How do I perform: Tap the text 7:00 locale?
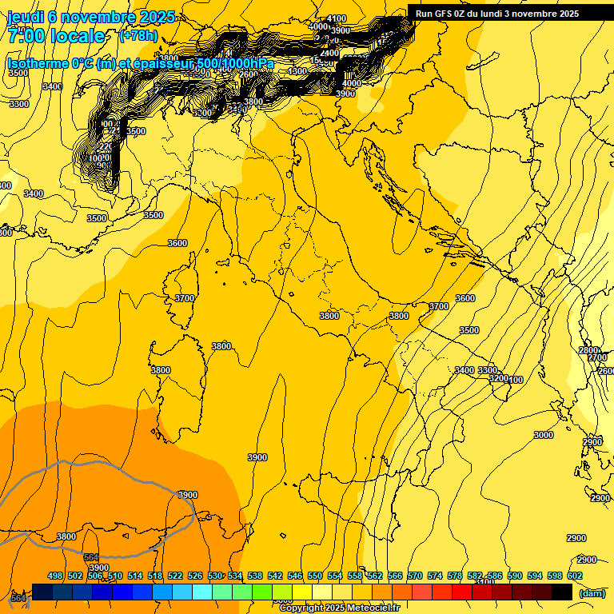click(56, 36)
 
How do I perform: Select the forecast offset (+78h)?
click(138, 36)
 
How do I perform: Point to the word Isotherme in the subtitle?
click(40, 63)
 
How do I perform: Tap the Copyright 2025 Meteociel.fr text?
click(340, 608)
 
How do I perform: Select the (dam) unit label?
click(592, 593)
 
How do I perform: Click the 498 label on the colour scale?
click(55, 576)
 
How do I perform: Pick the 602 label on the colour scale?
click(575, 576)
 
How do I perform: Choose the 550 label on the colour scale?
click(315, 576)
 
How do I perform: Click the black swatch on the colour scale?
click(562, 592)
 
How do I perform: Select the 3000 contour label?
click(544, 435)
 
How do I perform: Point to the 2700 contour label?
click(598, 358)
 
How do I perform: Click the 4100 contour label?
click(337, 19)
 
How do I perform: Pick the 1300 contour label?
click(298, 71)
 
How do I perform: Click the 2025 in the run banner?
click(568, 14)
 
